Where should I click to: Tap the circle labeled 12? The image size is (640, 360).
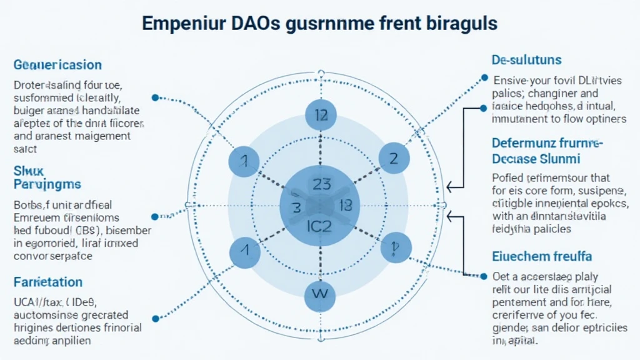tap(321, 115)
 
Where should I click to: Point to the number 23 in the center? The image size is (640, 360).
tap(320, 184)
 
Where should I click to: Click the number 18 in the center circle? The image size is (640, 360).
tap(344, 205)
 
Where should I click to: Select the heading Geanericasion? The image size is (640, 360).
tap(57, 64)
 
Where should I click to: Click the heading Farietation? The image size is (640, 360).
tap(47, 282)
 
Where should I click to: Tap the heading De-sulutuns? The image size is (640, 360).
tap(526, 60)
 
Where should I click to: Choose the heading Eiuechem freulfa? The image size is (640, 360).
tap(542, 256)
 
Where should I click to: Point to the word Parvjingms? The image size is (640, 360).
tap(47, 184)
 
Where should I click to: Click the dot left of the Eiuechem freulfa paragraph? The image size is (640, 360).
tap(484, 275)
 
